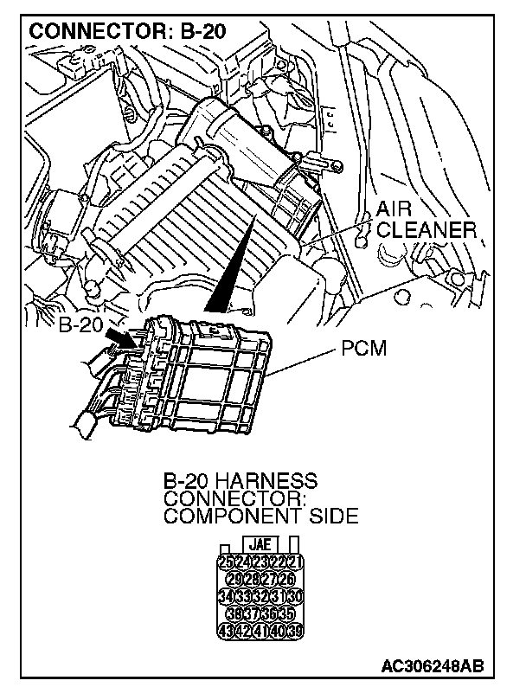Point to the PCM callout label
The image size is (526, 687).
[362, 351]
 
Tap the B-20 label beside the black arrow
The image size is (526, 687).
[81, 328]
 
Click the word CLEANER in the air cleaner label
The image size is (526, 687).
[427, 231]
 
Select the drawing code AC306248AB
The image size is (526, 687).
[432, 666]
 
